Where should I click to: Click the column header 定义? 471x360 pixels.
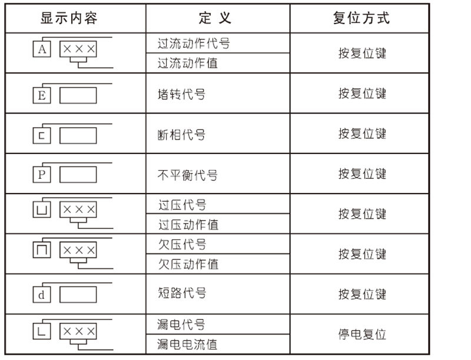tap(215, 18)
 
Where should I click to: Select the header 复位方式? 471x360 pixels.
tap(361, 18)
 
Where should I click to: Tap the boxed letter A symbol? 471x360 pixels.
tap(41, 49)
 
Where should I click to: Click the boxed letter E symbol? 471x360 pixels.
tap(41, 95)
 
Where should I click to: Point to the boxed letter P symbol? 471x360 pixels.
tap(41, 175)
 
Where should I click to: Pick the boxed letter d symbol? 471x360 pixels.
tap(41, 295)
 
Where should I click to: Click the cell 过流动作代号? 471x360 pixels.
tap(194, 44)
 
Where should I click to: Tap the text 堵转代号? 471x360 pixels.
tap(182, 94)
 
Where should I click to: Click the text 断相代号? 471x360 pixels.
tap(182, 135)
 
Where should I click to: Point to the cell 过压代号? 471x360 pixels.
tap(182, 205)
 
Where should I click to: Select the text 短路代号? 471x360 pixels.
tap(182, 293)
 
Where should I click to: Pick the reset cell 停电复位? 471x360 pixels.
tap(362, 334)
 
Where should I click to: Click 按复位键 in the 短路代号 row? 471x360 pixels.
tap(362, 294)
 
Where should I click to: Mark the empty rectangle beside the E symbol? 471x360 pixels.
tap(78, 95)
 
